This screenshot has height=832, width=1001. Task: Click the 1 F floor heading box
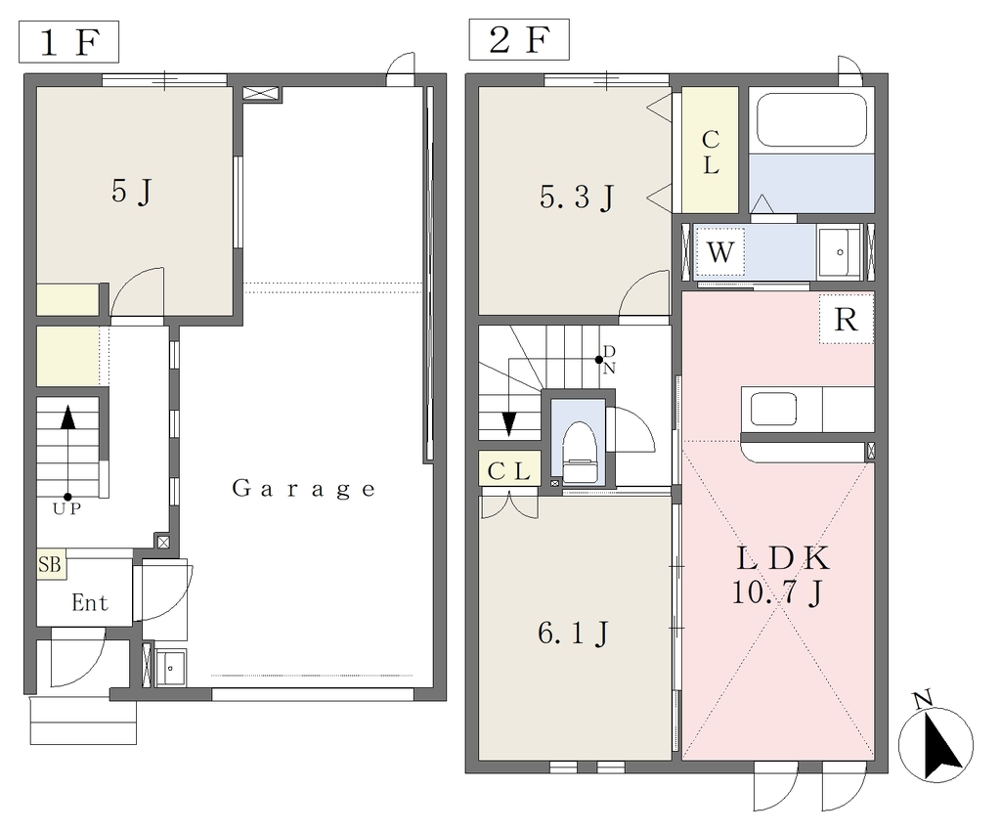pos(69,41)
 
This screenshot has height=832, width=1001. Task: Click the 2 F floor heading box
pos(519,39)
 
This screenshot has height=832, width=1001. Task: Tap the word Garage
pos(303,489)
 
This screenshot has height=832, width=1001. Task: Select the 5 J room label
pos(132,191)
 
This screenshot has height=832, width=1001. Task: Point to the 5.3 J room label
pos(577,197)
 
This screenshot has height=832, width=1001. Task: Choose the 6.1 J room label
pos(574,634)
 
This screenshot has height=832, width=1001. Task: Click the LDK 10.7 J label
pos(782,576)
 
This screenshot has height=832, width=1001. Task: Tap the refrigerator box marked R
pos(847,319)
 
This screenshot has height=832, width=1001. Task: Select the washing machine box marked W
pos(720,252)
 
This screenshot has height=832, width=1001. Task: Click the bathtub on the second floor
pos(811,119)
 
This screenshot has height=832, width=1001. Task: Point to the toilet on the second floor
pos(580,452)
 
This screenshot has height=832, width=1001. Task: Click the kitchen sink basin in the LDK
pos(773,409)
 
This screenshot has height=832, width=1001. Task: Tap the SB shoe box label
pos(51,564)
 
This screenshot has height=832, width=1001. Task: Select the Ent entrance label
pos(90,603)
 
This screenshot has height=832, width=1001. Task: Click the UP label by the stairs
pos(67,509)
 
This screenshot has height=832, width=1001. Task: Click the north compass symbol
pos(936,741)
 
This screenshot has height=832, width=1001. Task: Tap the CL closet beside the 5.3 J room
pos(711,151)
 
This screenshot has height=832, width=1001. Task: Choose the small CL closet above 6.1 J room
pos(510,470)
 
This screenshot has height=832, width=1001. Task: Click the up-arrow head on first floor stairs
pos(67,417)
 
